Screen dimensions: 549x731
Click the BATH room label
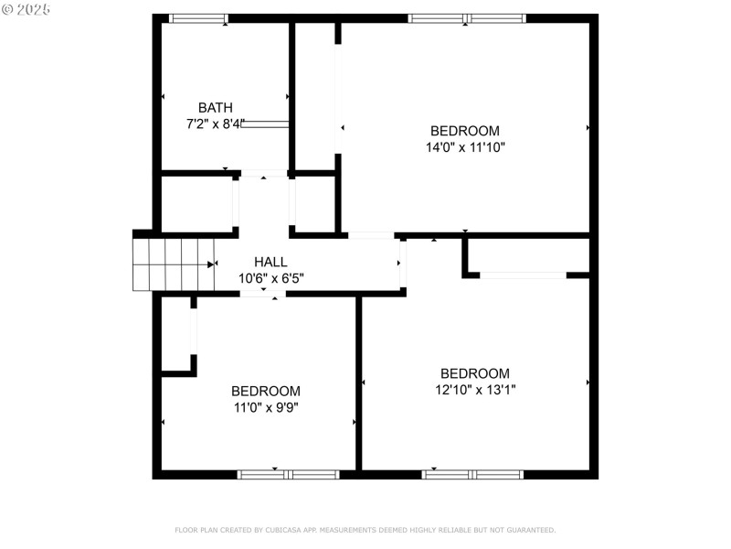pos(215,108)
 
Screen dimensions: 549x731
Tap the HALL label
pos(270,262)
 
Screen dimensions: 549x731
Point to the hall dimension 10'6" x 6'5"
pos(270,277)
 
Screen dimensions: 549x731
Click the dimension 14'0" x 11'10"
pos(465,146)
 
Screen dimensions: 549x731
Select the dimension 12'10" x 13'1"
pos(474,389)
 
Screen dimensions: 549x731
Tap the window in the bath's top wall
pos(198,18)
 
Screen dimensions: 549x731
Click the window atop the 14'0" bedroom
pos(466,18)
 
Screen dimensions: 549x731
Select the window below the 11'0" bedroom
pos(288,474)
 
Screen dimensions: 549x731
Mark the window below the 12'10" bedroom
pos(472,474)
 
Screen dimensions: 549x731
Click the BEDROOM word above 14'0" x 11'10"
pos(465,131)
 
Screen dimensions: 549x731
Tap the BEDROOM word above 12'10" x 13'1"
pos(474,373)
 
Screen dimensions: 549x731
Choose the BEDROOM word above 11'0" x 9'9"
pos(265,391)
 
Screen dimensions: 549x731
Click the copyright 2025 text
pos(26,8)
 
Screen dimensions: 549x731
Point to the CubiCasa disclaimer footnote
pos(365,530)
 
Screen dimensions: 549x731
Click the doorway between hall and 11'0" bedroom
pos(263,294)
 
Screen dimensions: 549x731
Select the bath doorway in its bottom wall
pos(263,173)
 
